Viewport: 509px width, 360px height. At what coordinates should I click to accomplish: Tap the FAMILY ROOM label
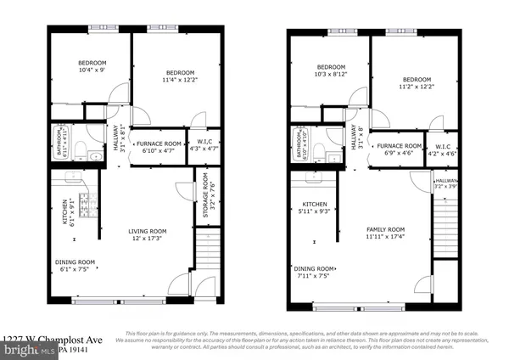pos(386,229)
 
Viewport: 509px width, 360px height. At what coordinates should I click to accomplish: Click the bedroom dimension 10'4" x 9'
pos(92,70)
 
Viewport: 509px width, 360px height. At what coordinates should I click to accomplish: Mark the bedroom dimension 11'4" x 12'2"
pos(179,80)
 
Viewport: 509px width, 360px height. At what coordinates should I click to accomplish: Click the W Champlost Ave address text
pos(42,338)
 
